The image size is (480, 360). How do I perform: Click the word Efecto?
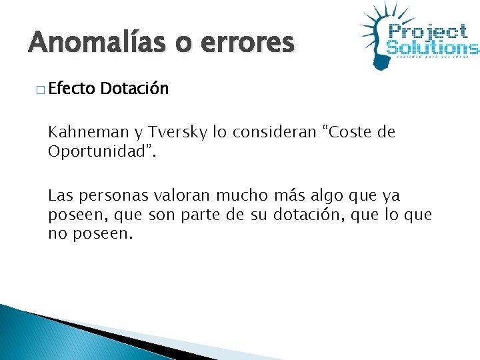tap(71, 89)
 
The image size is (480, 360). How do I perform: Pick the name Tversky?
tap(176, 132)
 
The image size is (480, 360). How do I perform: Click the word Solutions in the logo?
tap(432, 47)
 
